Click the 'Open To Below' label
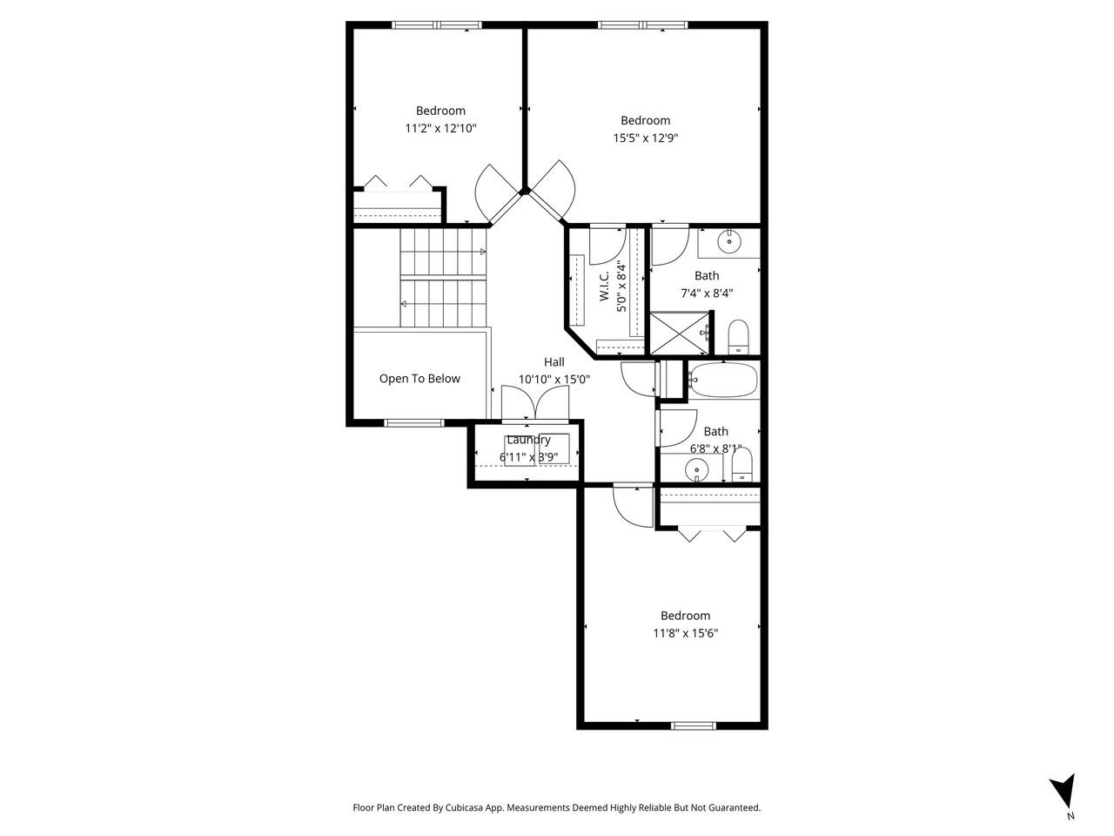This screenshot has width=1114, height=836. pyautogui.click(x=419, y=379)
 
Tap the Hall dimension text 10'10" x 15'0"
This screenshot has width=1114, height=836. pyautogui.click(x=554, y=380)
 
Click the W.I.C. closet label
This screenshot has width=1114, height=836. pyautogui.click(x=604, y=284)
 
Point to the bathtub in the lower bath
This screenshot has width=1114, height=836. pyautogui.click(x=722, y=380)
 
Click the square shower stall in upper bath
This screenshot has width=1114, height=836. pyautogui.click(x=681, y=334)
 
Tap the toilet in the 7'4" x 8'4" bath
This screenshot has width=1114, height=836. pyautogui.click(x=738, y=337)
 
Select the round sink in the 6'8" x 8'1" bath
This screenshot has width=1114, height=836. pyautogui.click(x=696, y=471)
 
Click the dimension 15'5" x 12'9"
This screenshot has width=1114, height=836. pyautogui.click(x=645, y=138)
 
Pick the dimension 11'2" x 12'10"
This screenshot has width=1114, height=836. pyautogui.click(x=440, y=128)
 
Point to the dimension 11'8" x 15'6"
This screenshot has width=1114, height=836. pyautogui.click(x=685, y=633)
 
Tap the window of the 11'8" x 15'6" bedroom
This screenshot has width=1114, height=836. pyautogui.click(x=694, y=725)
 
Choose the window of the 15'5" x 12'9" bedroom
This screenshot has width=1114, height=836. pyautogui.click(x=642, y=25)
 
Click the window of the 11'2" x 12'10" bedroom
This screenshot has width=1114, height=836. pyautogui.click(x=437, y=25)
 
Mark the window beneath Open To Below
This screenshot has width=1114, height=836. pyautogui.click(x=414, y=423)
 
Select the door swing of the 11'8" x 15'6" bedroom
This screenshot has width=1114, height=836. pyautogui.click(x=632, y=506)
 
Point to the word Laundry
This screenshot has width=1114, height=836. pyautogui.click(x=528, y=440)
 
